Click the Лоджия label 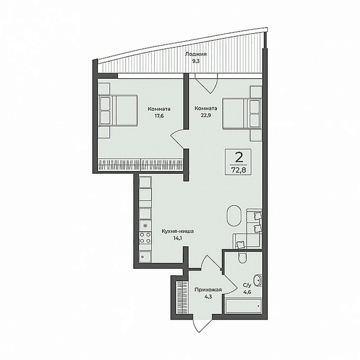[196, 54]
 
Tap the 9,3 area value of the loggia [196, 61]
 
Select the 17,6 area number [159, 116]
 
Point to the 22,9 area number [206, 115]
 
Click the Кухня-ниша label [178, 231]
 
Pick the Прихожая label [208, 290]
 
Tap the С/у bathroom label [247, 285]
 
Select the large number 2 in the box [238, 157]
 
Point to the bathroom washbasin [258, 280]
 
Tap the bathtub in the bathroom [244, 306]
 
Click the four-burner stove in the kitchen [145, 237]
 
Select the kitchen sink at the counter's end [145, 256]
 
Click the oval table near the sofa [234, 216]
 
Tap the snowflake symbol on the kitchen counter [145, 226]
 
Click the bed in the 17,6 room [119, 111]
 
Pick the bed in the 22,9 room [242, 114]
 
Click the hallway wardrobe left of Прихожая [182, 297]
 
